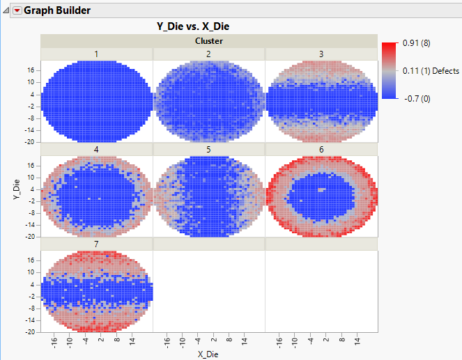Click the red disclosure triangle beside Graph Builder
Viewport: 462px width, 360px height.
(x=17, y=10)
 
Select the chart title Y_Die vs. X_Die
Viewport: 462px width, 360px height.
(x=193, y=26)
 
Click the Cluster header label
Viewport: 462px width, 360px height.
(x=208, y=41)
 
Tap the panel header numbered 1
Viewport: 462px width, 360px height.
(x=96, y=54)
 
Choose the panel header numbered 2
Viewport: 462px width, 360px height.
(x=208, y=54)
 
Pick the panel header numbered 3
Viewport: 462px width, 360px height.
(x=321, y=54)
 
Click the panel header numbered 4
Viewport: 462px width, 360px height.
(x=96, y=149)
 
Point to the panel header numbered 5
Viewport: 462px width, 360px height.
(x=208, y=149)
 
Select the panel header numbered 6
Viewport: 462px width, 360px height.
(x=321, y=149)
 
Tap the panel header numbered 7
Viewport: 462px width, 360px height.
(x=96, y=244)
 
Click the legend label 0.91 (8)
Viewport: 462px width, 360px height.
(x=417, y=43)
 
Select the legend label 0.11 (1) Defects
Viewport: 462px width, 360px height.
(x=431, y=71)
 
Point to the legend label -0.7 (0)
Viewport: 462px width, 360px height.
(x=415, y=99)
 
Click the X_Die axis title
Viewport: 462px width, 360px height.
(x=208, y=354)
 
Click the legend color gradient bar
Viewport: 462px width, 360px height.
(x=389, y=71)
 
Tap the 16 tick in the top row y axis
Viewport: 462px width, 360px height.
(x=31, y=70)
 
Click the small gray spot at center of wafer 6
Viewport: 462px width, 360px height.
(x=321, y=189)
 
